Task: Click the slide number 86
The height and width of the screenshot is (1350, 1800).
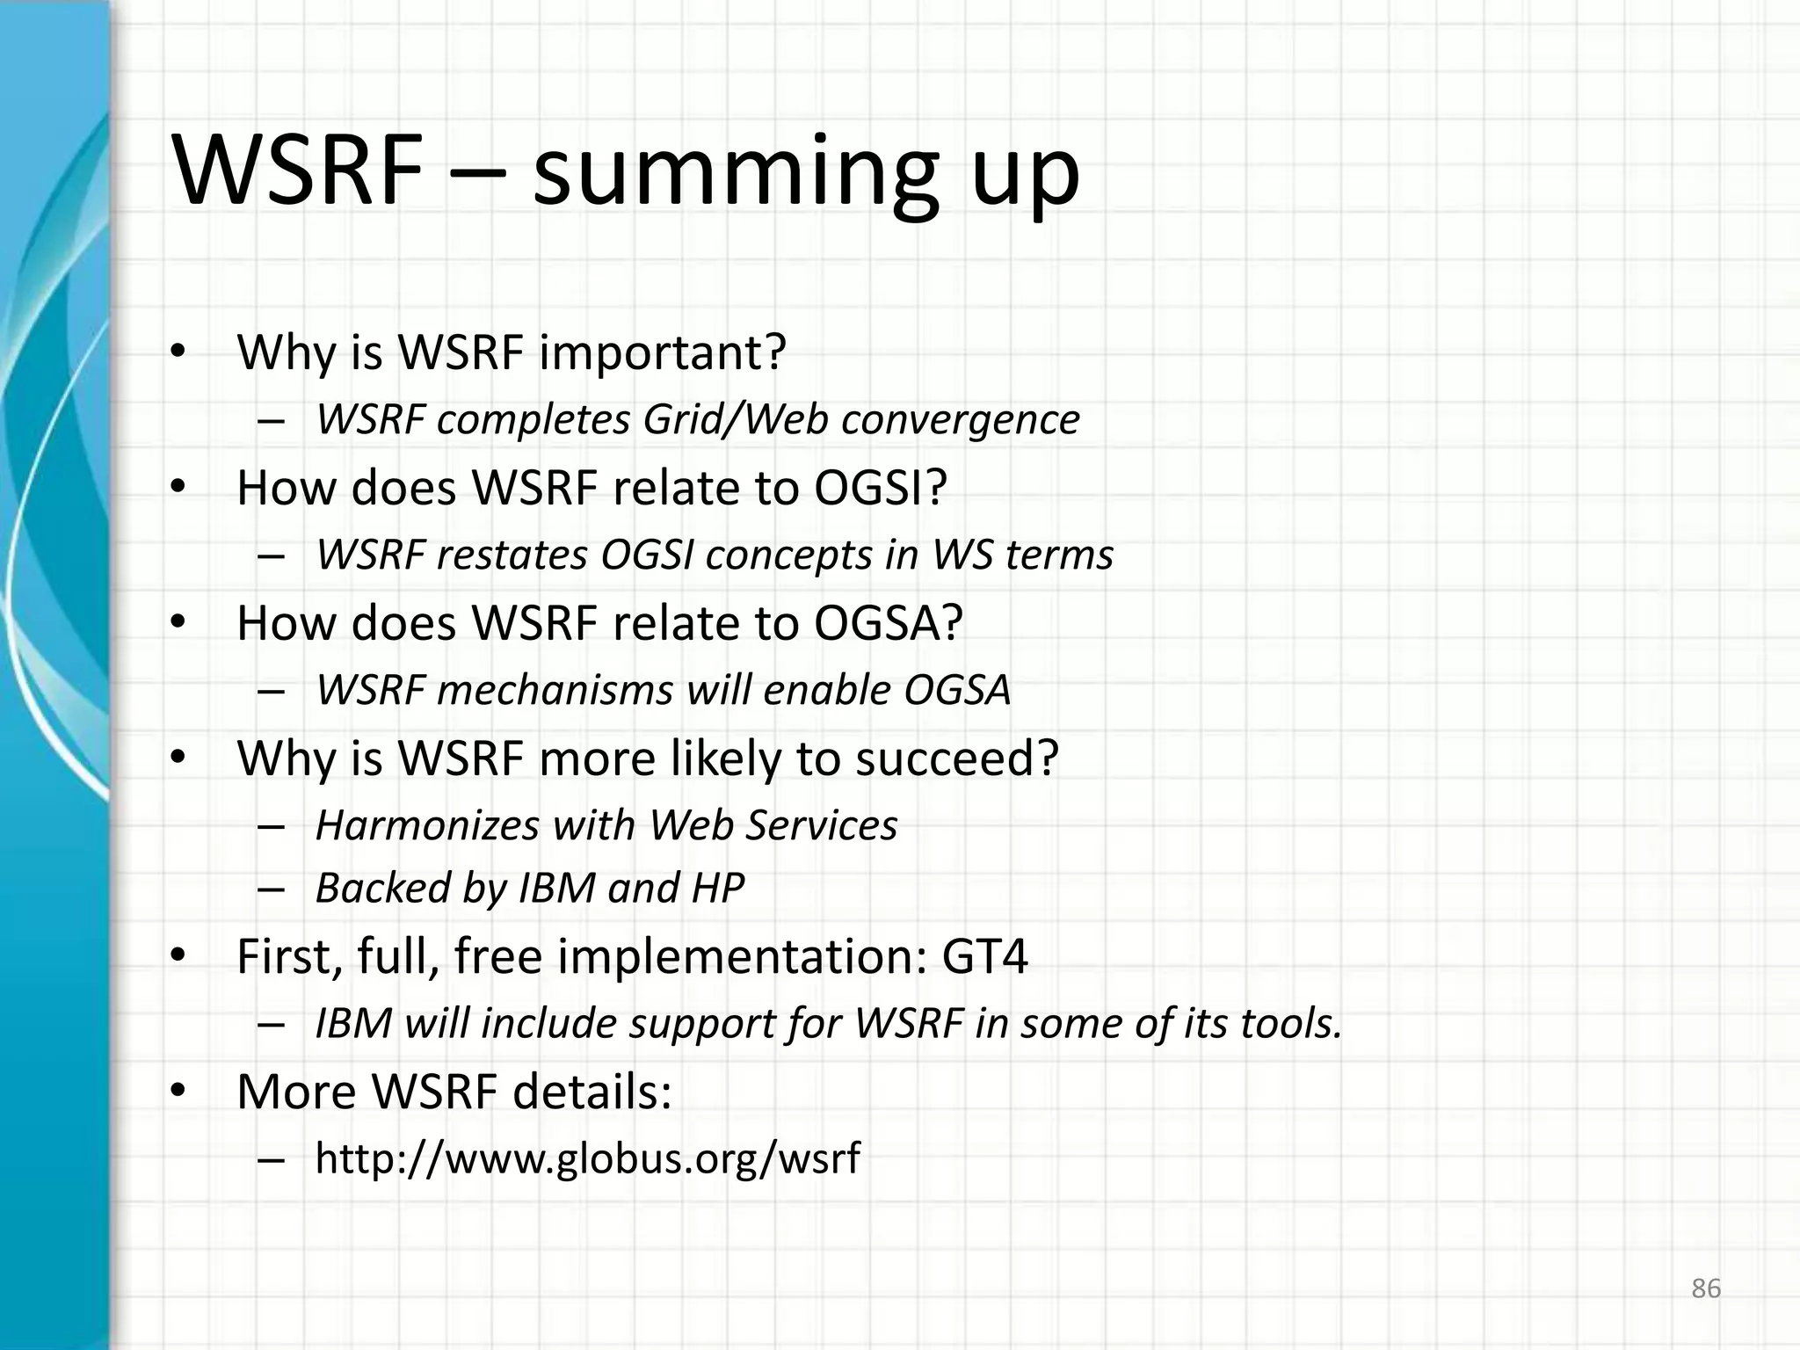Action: tap(1706, 1288)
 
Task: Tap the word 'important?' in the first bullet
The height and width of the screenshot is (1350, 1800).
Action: tap(662, 353)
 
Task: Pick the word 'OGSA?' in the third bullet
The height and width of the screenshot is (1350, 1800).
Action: tap(889, 623)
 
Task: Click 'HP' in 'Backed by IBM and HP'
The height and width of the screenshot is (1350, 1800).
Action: tap(717, 888)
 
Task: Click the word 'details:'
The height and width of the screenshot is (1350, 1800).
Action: tap(592, 1092)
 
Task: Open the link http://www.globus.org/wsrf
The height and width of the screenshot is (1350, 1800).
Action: tap(587, 1158)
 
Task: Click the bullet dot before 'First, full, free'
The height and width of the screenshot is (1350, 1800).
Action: tap(178, 958)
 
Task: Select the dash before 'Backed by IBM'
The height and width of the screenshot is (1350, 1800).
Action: tap(272, 889)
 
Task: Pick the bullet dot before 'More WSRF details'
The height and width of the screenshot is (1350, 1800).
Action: tap(178, 1093)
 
